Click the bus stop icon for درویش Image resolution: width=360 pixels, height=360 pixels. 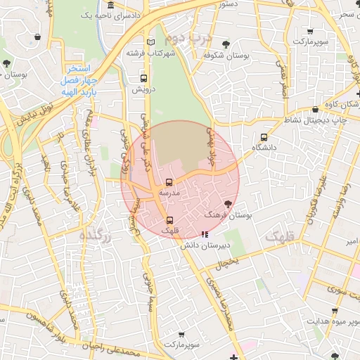point(144,79)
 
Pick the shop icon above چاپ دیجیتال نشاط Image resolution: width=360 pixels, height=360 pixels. point(315,110)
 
